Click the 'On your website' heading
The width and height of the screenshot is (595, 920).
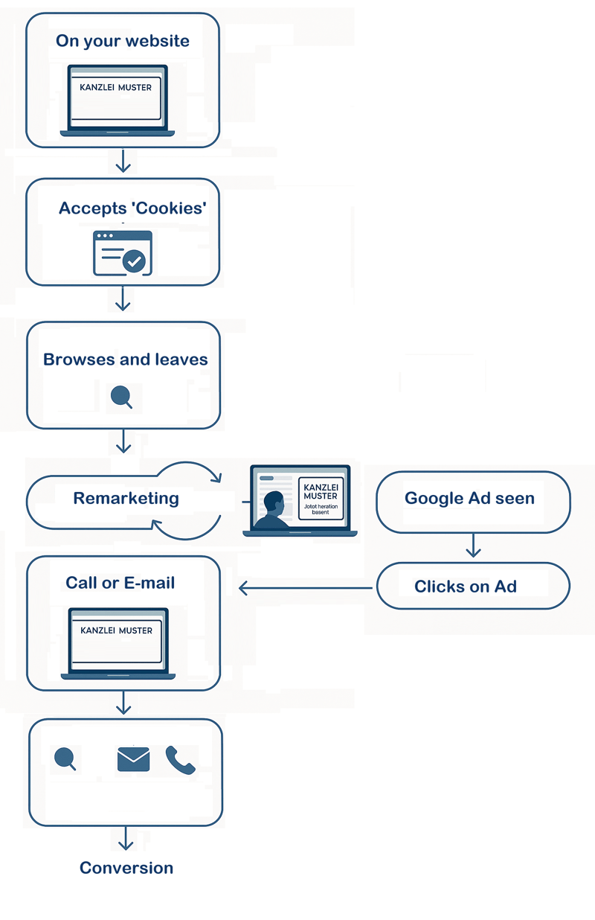[x=123, y=41]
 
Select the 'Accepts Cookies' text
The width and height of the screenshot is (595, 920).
[x=132, y=208]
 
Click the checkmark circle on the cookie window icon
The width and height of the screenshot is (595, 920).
[x=135, y=261]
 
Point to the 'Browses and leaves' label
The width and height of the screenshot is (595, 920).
[x=126, y=360]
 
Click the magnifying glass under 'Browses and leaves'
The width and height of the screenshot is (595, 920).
[x=121, y=397]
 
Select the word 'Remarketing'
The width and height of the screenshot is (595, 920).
[x=126, y=498]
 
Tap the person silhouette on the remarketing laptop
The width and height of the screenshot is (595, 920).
[x=272, y=511]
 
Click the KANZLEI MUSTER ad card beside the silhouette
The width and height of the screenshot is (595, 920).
[x=321, y=498]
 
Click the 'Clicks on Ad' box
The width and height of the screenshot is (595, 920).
[x=473, y=586]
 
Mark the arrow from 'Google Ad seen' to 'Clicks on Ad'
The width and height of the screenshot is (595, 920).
[x=473, y=547]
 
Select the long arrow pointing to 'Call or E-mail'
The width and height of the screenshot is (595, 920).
[x=305, y=589]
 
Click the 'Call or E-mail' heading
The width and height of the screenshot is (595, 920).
[x=120, y=583]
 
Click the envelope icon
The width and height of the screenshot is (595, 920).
[x=134, y=759]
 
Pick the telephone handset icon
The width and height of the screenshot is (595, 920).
[x=180, y=760]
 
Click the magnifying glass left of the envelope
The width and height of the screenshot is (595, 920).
[x=65, y=758]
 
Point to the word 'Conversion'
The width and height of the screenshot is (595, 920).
[x=126, y=868]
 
